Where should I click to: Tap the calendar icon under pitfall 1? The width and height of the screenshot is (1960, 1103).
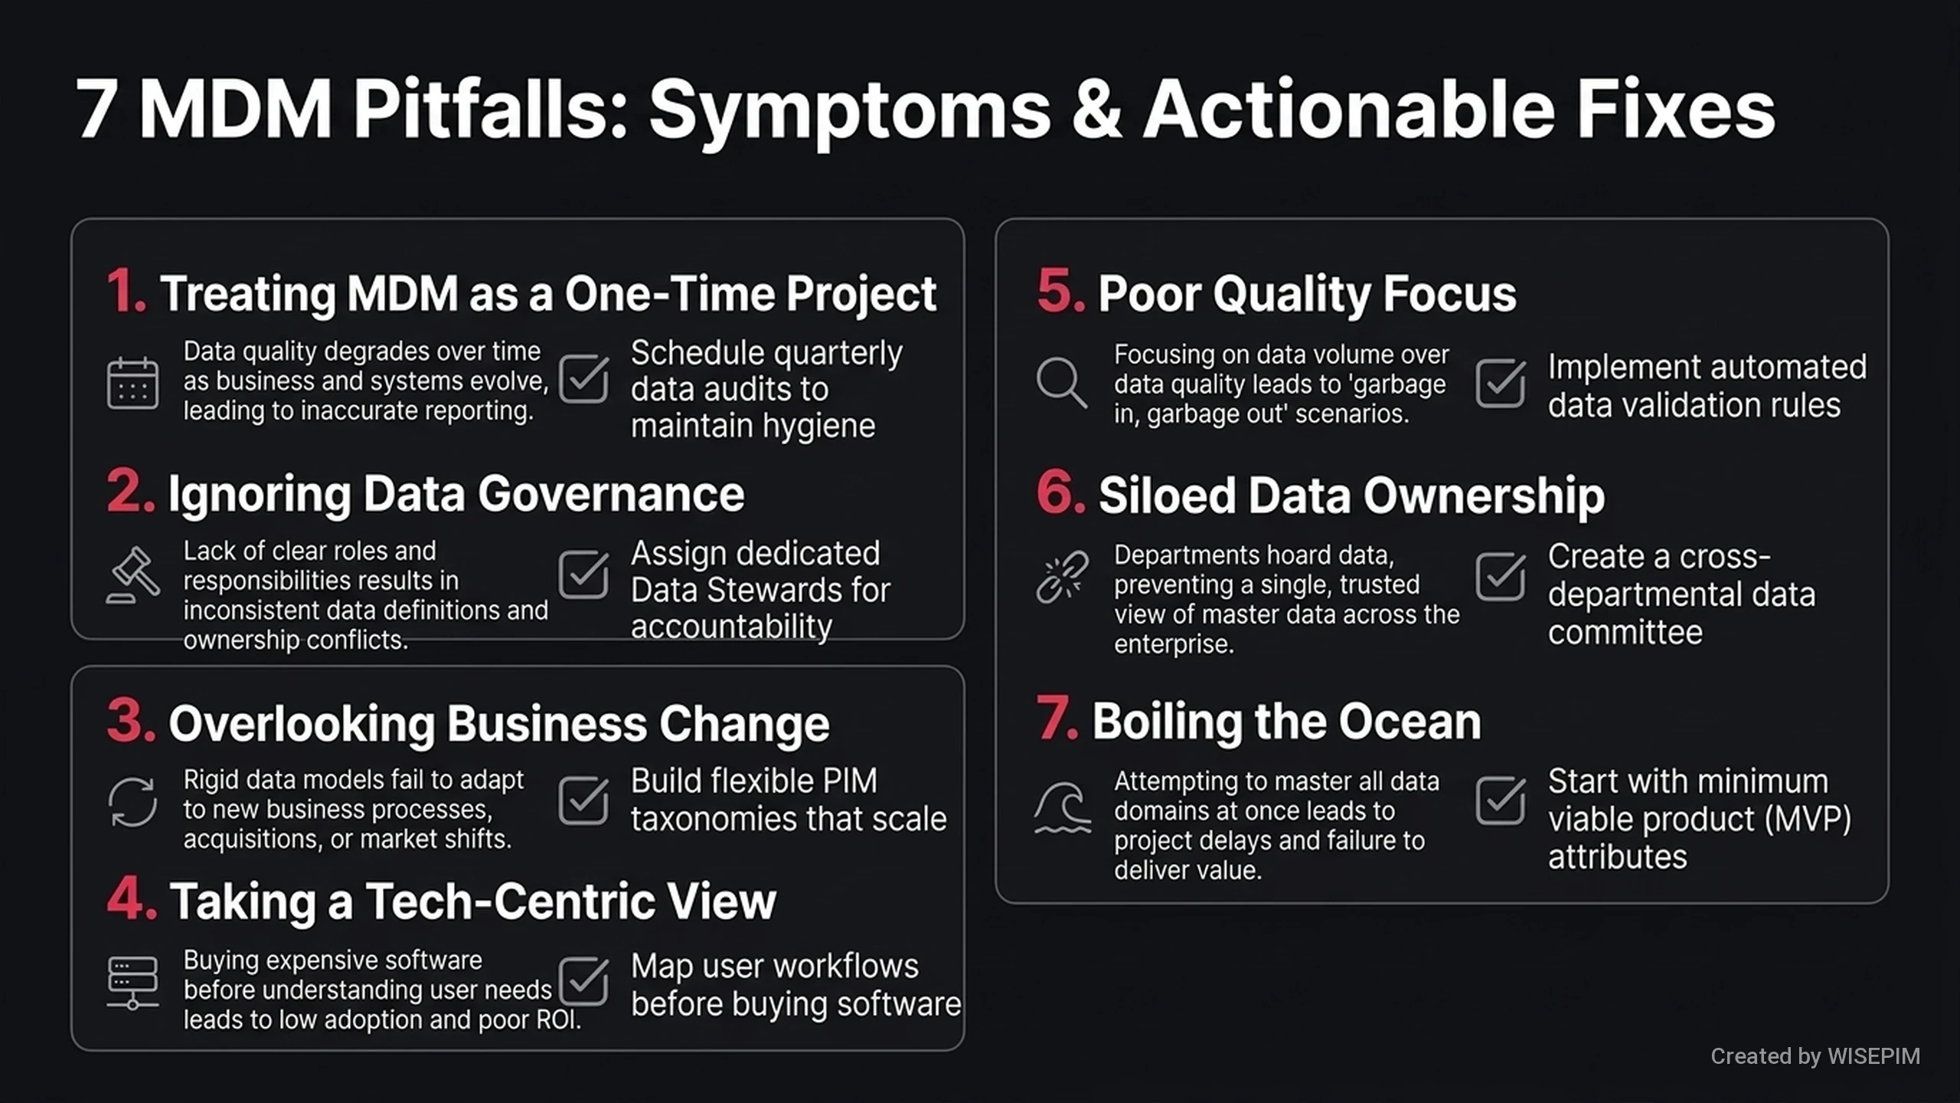coord(132,382)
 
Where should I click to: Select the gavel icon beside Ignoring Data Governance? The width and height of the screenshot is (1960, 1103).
coord(133,574)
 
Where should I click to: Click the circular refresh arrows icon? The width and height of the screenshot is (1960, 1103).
coord(132,802)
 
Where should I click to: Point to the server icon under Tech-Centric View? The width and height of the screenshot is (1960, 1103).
coord(132,983)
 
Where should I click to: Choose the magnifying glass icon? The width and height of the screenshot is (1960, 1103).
coord(1061,382)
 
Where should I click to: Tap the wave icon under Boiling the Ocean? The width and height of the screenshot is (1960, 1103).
coord(1062,807)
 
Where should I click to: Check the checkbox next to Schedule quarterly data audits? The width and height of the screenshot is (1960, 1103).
coord(583,378)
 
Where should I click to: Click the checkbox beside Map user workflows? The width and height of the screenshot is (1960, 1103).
coord(583,981)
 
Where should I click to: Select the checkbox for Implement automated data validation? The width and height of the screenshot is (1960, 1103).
coord(1501,382)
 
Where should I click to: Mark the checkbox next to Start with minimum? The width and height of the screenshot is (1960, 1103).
coord(1501,800)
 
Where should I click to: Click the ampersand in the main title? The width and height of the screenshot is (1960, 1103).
coord(1096,110)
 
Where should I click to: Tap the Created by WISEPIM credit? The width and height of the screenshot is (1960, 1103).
coord(1815,1056)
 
